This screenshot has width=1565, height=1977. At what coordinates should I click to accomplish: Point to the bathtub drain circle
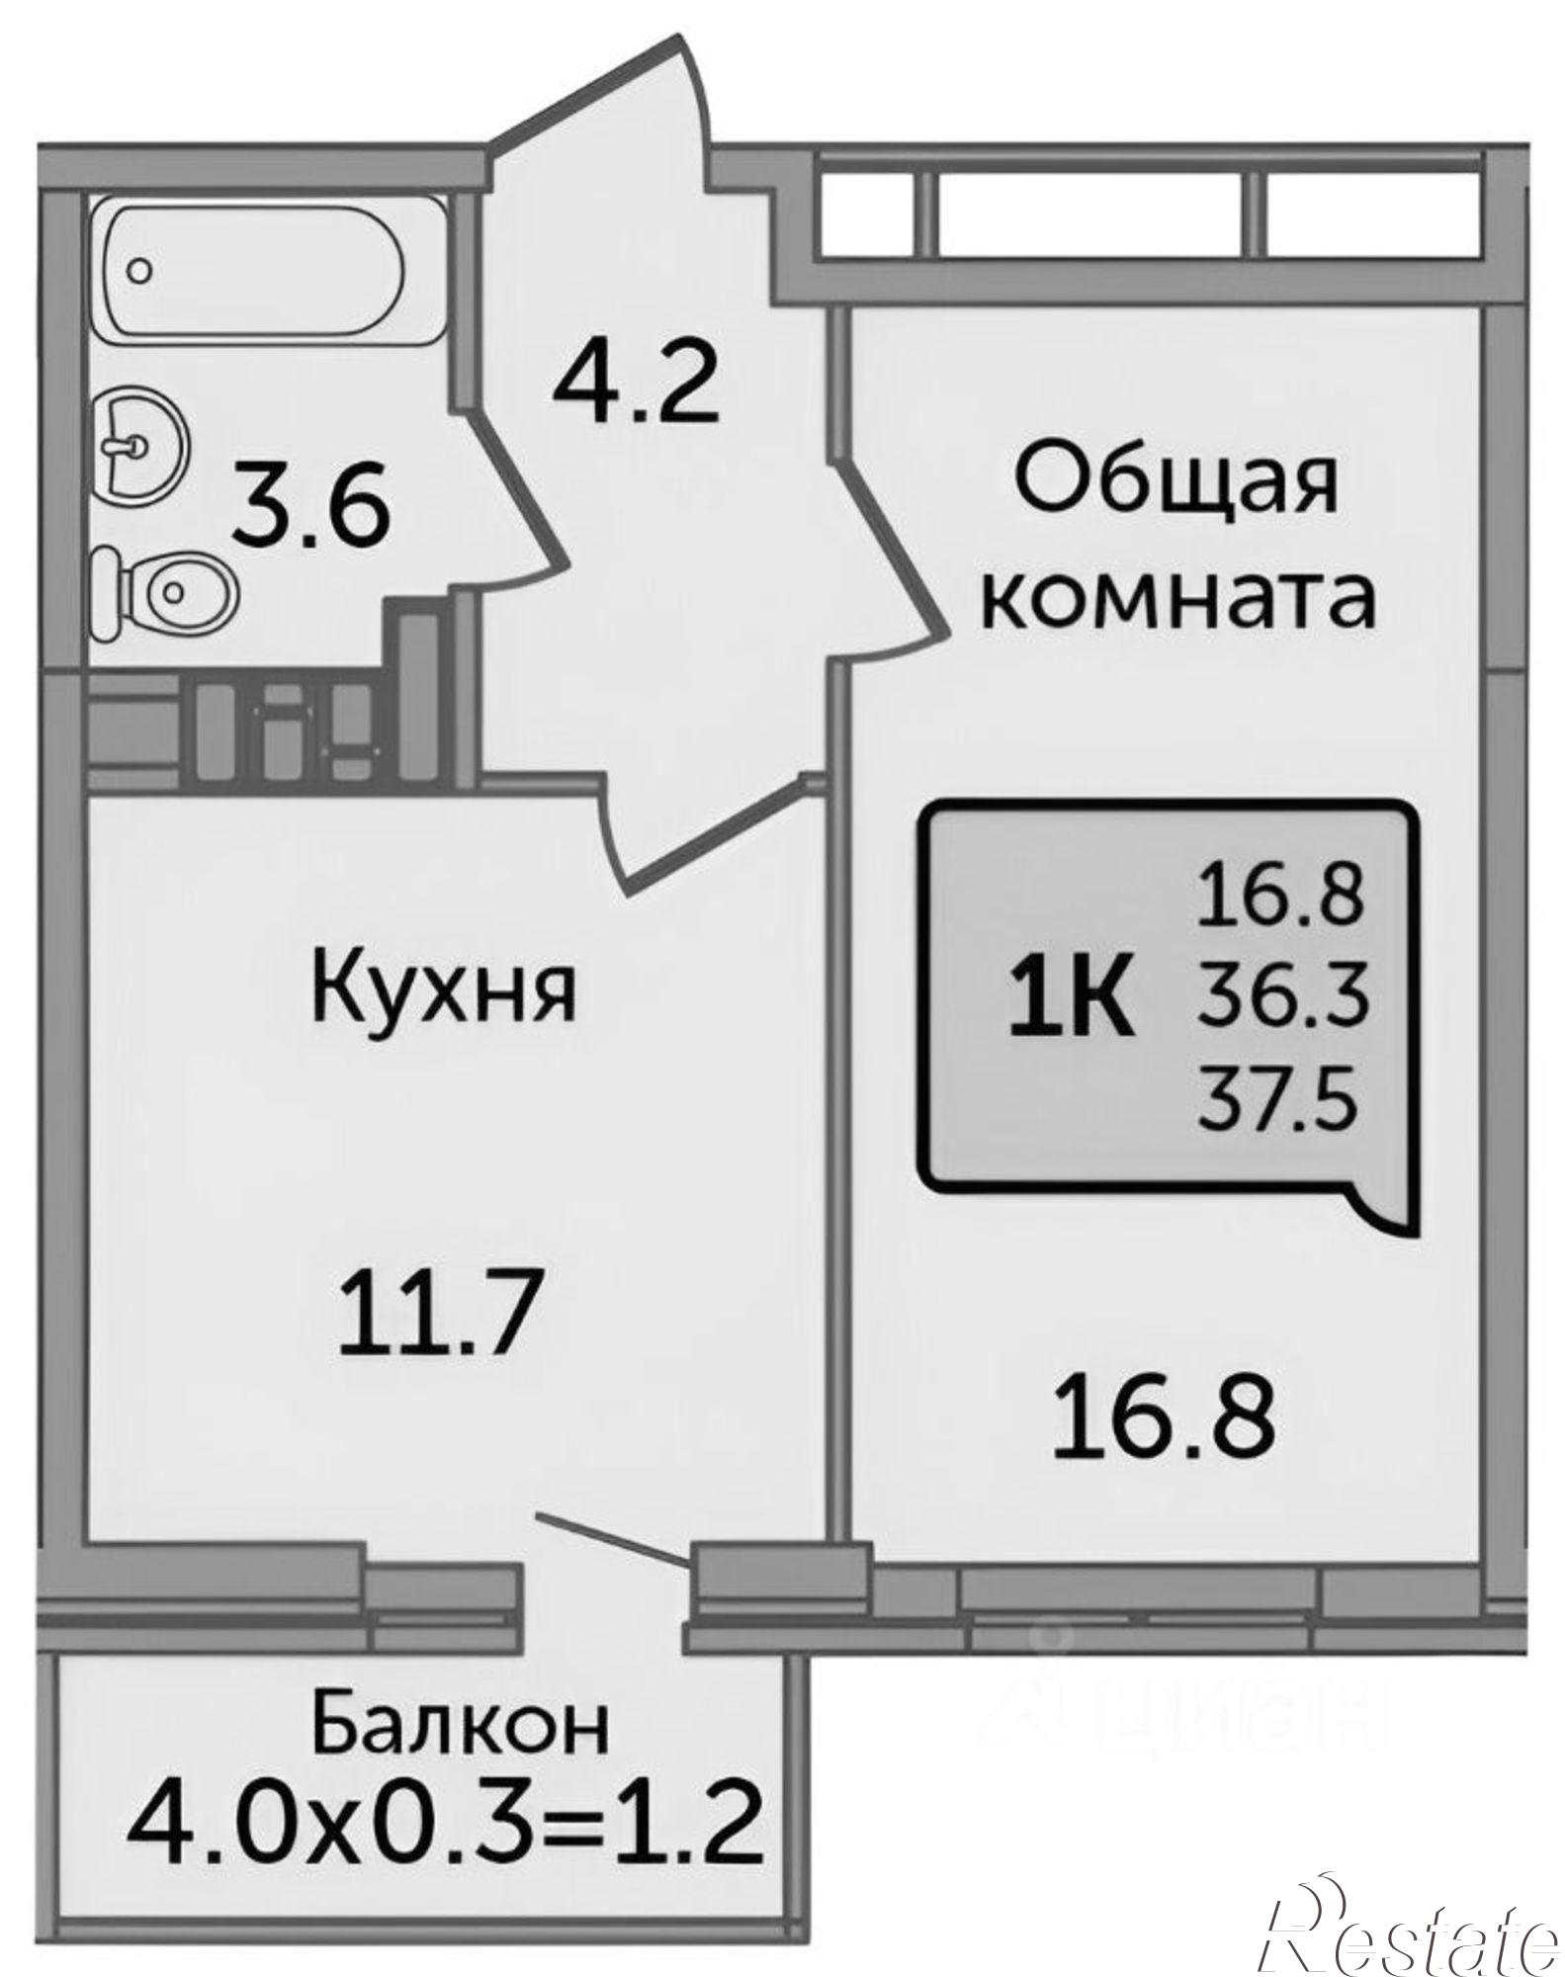pos(140,268)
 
